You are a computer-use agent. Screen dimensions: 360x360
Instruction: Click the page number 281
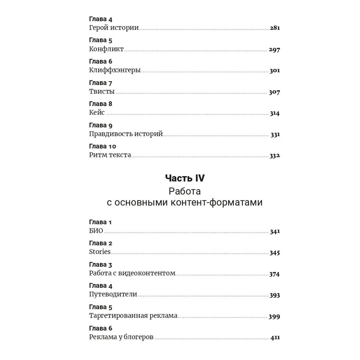tap(275, 28)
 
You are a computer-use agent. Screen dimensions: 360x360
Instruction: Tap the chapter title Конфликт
tap(106, 49)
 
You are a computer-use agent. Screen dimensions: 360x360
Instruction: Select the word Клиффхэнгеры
tap(114, 71)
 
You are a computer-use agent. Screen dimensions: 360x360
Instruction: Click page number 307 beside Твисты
tap(274, 92)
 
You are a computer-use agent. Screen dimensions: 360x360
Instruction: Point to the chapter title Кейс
tap(97, 113)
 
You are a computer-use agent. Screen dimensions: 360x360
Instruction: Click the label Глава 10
tap(103, 147)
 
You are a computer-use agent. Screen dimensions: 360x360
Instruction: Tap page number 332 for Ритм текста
tap(275, 156)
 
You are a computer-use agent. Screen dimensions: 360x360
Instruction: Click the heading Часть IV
tap(185, 178)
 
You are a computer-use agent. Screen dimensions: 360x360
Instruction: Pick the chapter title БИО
tap(96, 231)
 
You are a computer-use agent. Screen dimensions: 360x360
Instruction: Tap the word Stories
tap(100, 252)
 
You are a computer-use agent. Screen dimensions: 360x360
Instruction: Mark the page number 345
tap(275, 253)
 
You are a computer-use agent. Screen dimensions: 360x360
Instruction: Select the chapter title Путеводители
tap(113, 294)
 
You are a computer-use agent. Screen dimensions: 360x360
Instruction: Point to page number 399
tap(274, 317)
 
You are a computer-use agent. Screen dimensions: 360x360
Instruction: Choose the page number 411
tap(275, 338)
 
